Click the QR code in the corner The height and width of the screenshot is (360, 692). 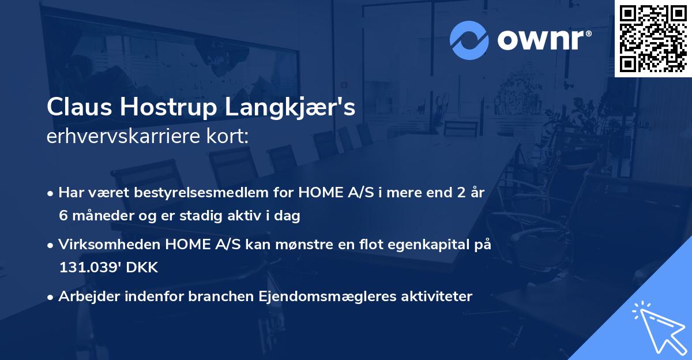point(653,39)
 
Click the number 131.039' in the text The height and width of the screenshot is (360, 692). point(83,268)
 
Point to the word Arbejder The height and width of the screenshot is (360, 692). point(84,297)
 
